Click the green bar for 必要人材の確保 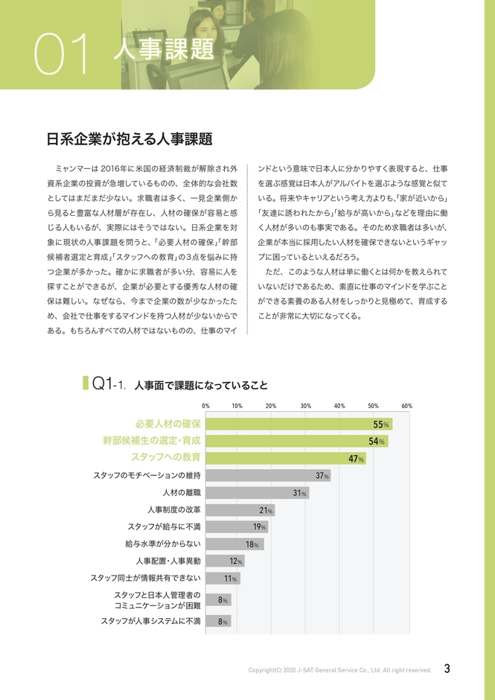[x=298, y=424]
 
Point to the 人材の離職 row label [x=182, y=493]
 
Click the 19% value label [x=260, y=527]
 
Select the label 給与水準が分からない [x=163, y=544]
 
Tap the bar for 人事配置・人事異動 [x=224, y=561]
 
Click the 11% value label [x=231, y=578]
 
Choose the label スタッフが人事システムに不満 [x=151, y=620]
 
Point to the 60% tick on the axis [x=406, y=406]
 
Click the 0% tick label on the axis [x=205, y=406]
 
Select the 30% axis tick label [x=306, y=406]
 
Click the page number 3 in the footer [x=447, y=669]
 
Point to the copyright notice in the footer [x=339, y=670]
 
